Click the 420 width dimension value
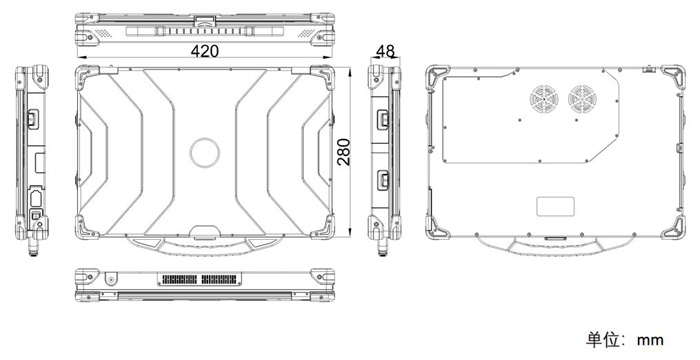pos(205,51)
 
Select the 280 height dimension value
pos(344,152)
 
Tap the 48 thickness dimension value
pos(385,51)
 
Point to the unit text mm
pos(650,341)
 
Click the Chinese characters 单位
pos(603,339)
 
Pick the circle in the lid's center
pos(204,152)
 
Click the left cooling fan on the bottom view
pos(544,99)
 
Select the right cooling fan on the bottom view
pos(582,99)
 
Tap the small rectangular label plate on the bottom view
pos(555,206)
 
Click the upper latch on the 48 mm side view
pos(383,120)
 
